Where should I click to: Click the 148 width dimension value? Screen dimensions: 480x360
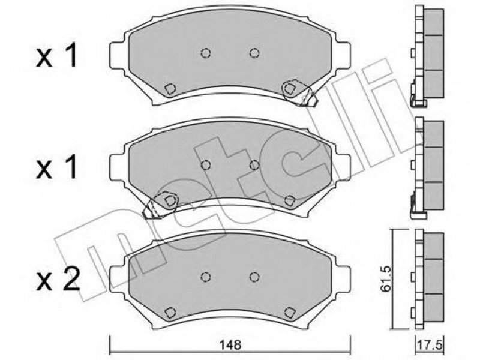click(x=230, y=344)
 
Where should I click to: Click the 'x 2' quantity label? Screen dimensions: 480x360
click(x=58, y=279)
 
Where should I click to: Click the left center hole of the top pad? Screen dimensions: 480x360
click(x=206, y=53)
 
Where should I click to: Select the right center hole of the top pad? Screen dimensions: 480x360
click(x=254, y=53)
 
